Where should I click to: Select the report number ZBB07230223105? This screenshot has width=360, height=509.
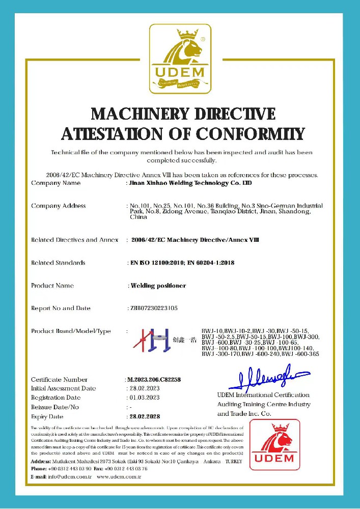pyautogui.click(x=153, y=308)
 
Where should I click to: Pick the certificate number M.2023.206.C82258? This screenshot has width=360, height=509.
pyautogui.click(x=154, y=380)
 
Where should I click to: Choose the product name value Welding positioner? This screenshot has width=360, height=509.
pyautogui.click(x=158, y=286)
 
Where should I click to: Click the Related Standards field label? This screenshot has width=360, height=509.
pyautogui.click(x=58, y=263)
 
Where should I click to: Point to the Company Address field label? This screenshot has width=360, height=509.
pyautogui.click(x=59, y=206)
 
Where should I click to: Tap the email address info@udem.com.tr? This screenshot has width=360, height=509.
pyautogui.click(x=62, y=477)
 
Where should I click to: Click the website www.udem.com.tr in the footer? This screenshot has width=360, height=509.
pyautogui.click(x=118, y=477)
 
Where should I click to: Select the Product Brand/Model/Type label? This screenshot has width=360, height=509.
pyautogui.click(x=71, y=331)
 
